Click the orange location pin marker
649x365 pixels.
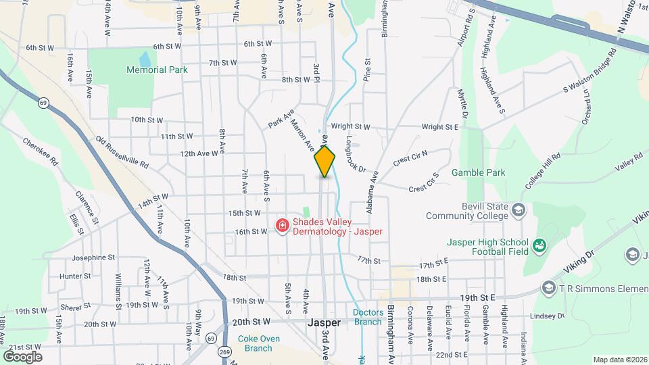pyautogui.click(x=324, y=161)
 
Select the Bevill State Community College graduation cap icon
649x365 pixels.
pyautogui.click(x=519, y=210)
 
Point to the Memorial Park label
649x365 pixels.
pyautogui.click(x=157, y=70)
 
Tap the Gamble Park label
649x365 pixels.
pyautogui.click(x=479, y=172)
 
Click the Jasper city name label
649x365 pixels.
pyautogui.click(x=324, y=323)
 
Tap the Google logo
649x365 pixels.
pyautogui.click(x=22, y=356)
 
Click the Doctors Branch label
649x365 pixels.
pyautogui.click(x=368, y=317)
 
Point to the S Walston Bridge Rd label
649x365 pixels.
pyautogui.click(x=590, y=71)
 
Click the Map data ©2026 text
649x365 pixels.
pyautogui.click(x=619, y=360)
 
